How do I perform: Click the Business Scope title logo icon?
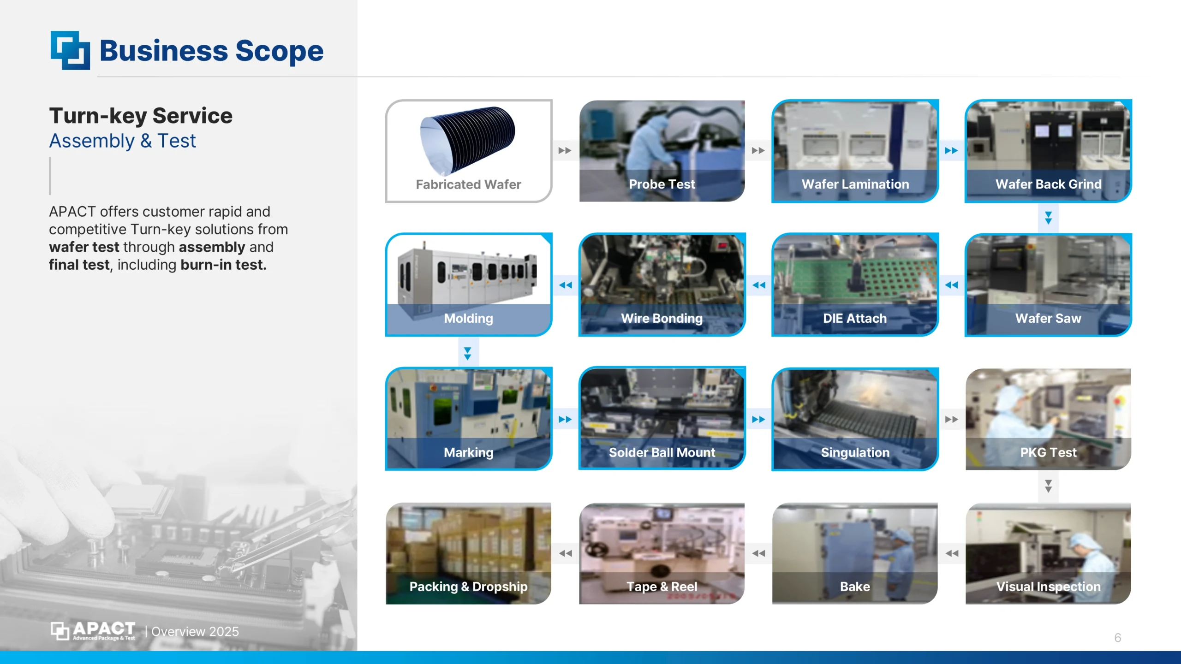[70, 50]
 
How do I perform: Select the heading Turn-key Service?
[141, 116]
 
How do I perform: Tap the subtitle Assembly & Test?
[122, 141]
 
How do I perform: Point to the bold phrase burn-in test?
[223, 265]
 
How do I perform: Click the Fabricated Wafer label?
[468, 184]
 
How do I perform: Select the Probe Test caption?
[662, 184]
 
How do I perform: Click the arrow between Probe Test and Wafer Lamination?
[758, 151]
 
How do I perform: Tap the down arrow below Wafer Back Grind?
[1048, 218]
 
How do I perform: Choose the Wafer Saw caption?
[1048, 318]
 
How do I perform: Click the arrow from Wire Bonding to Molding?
[565, 285]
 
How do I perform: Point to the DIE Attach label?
[855, 318]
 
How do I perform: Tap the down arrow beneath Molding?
[467, 354]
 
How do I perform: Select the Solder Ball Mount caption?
[662, 452]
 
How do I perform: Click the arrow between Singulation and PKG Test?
[951, 419]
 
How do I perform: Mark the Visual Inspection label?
[1048, 587]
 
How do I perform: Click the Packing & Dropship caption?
[468, 587]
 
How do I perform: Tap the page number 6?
[1117, 638]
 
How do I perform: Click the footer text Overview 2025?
[195, 632]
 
